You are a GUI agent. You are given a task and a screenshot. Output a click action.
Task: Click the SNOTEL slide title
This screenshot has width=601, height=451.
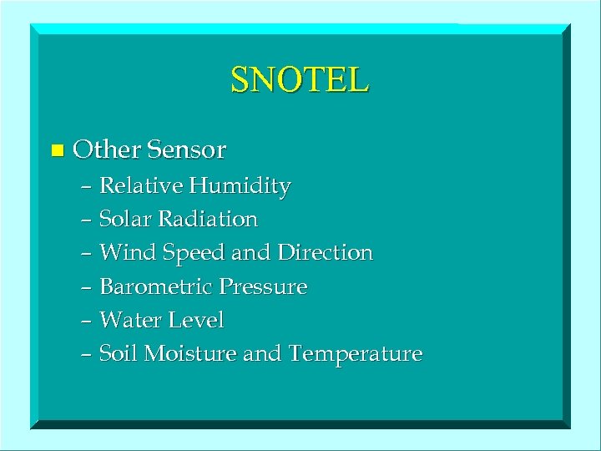coord(300,80)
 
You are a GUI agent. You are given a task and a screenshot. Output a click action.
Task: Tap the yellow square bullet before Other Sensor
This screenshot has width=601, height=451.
coord(57,151)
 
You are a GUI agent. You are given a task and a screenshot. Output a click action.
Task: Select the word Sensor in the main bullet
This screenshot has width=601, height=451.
coord(185,150)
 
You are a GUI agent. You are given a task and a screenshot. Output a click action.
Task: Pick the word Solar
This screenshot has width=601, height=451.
coord(123,220)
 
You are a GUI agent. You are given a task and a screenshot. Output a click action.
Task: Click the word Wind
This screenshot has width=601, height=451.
coord(123,252)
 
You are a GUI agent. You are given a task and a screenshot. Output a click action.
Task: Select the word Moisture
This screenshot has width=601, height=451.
coord(190,353)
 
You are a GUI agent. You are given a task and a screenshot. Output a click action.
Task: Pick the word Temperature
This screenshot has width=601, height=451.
coord(355,354)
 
